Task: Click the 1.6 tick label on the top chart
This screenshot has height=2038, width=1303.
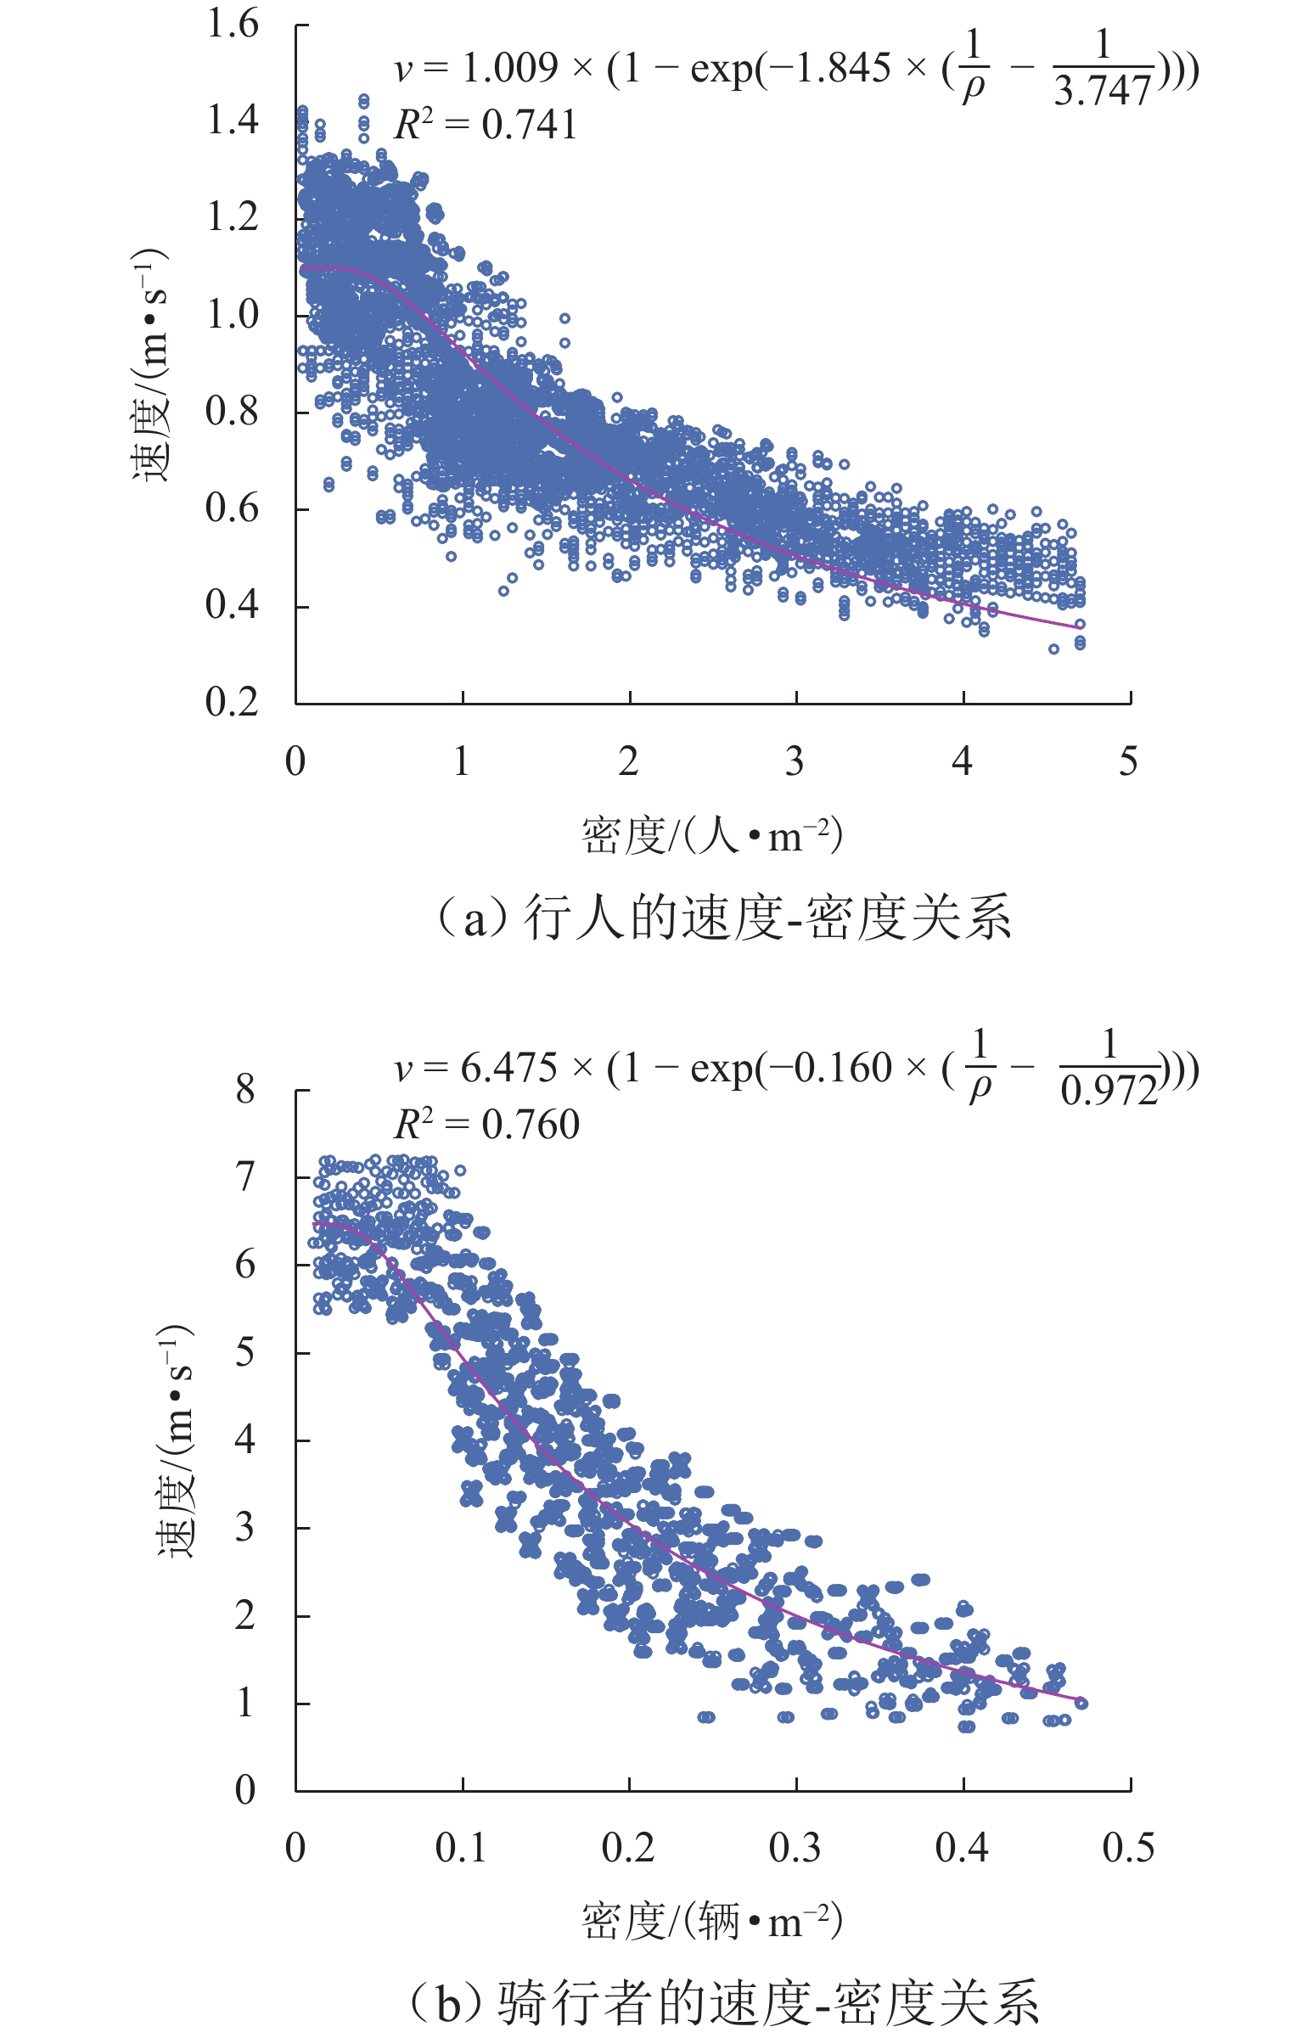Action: coord(233,25)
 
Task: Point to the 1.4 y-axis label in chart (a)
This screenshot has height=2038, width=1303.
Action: coord(233,121)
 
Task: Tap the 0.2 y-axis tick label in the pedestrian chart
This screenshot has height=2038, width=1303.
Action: coord(233,703)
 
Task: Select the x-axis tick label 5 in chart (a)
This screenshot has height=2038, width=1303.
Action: coord(1128,761)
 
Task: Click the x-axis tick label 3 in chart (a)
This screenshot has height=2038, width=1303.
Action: coord(795,761)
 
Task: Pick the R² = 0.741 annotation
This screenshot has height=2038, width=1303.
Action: coord(486,126)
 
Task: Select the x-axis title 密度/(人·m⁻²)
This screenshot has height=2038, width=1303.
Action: coord(711,836)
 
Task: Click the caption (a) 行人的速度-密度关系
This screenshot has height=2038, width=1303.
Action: coord(723,918)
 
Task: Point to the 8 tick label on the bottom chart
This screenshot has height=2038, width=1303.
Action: coord(245,1089)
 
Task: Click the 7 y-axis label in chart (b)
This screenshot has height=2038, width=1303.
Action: coord(245,1177)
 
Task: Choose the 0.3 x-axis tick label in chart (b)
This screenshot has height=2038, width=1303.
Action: coord(795,1848)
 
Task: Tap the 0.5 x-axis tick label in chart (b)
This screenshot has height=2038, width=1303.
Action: coord(1128,1848)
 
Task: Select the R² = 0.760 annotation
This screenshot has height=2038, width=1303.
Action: coord(487,1126)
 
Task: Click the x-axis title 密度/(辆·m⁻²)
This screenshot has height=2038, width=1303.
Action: coord(711,1922)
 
